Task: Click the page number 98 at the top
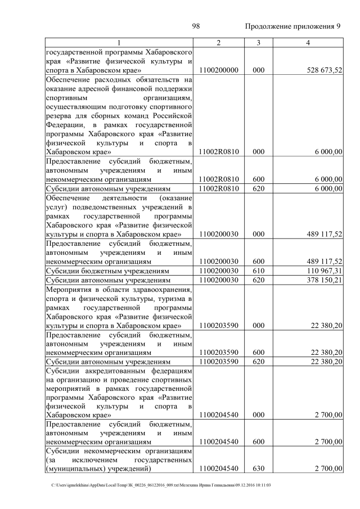tap(196, 26)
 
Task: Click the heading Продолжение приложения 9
tap(293, 27)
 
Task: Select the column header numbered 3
tap(258, 43)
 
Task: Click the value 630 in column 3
tap(258, 468)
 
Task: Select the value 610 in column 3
tap(258, 271)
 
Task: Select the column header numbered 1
tap(119, 43)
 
